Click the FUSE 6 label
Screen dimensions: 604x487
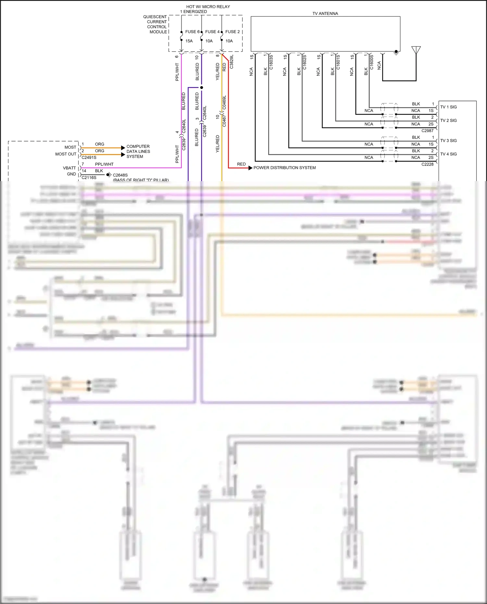point(192,32)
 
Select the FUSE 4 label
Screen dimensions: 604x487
point(212,32)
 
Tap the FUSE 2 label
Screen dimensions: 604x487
point(232,32)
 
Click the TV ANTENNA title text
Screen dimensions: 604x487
point(325,14)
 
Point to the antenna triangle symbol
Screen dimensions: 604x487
point(416,50)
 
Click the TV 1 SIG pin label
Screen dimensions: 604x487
point(448,107)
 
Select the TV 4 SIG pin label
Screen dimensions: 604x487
point(448,154)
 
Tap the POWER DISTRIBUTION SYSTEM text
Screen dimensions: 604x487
point(284,168)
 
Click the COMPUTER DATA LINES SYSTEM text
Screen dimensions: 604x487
point(138,152)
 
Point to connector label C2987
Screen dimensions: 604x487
point(427,131)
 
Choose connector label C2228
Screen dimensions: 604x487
point(427,164)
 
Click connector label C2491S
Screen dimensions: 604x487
point(89,157)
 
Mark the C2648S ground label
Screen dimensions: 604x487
point(120,175)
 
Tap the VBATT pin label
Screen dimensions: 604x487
point(69,168)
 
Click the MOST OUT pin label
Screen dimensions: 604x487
point(66,154)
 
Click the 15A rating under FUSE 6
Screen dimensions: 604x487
point(189,41)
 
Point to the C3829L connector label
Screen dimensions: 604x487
point(231,62)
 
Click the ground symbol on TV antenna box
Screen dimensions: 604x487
point(396,52)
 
